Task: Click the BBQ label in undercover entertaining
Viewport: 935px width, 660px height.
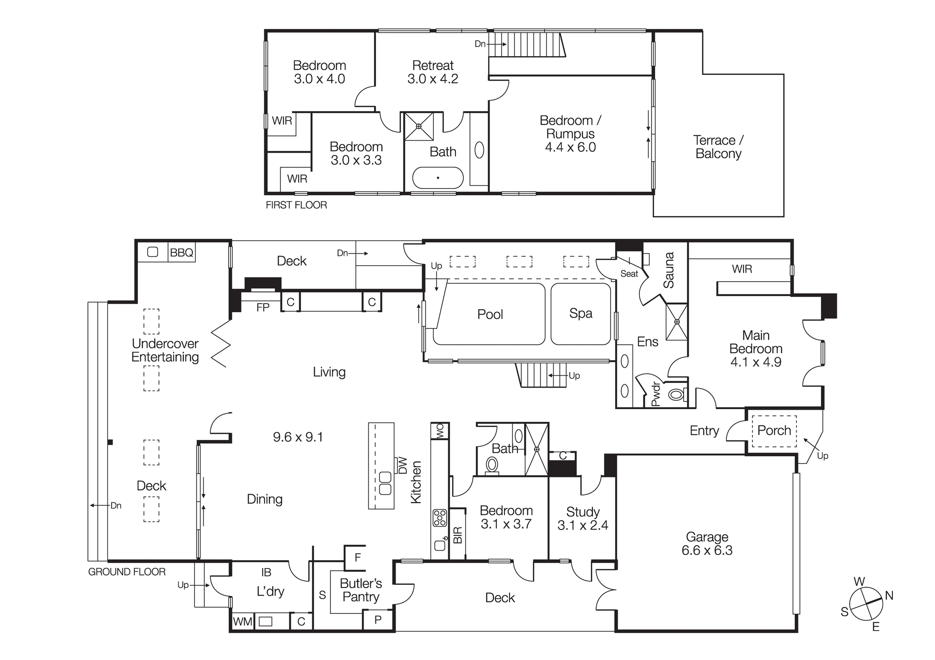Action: coord(181,253)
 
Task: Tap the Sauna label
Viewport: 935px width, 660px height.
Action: coord(669,270)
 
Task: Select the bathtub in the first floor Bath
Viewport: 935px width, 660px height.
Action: coord(438,178)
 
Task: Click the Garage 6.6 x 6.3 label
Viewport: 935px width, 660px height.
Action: coord(706,544)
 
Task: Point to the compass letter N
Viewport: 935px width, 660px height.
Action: coord(889,596)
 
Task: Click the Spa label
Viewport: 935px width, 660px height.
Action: coord(580,313)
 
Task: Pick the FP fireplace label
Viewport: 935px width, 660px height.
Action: coord(263,307)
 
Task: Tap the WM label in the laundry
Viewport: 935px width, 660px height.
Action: coord(242,622)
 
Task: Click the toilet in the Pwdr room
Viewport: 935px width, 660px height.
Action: coord(676,395)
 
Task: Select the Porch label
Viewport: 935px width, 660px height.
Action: coord(774,431)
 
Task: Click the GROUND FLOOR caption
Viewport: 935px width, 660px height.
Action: coord(127,572)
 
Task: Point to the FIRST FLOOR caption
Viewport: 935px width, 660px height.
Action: coord(296,205)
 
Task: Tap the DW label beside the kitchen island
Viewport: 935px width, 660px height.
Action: coord(403,466)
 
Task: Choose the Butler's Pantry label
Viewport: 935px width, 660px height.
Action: coord(360,590)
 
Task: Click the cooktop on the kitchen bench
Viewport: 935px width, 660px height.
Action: coord(439,518)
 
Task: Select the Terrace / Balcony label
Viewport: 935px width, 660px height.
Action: coord(718,147)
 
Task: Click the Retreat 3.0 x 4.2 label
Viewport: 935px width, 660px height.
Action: coord(432,72)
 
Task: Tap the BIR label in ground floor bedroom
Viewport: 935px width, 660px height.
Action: coord(458,535)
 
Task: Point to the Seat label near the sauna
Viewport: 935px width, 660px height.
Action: coord(629,274)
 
